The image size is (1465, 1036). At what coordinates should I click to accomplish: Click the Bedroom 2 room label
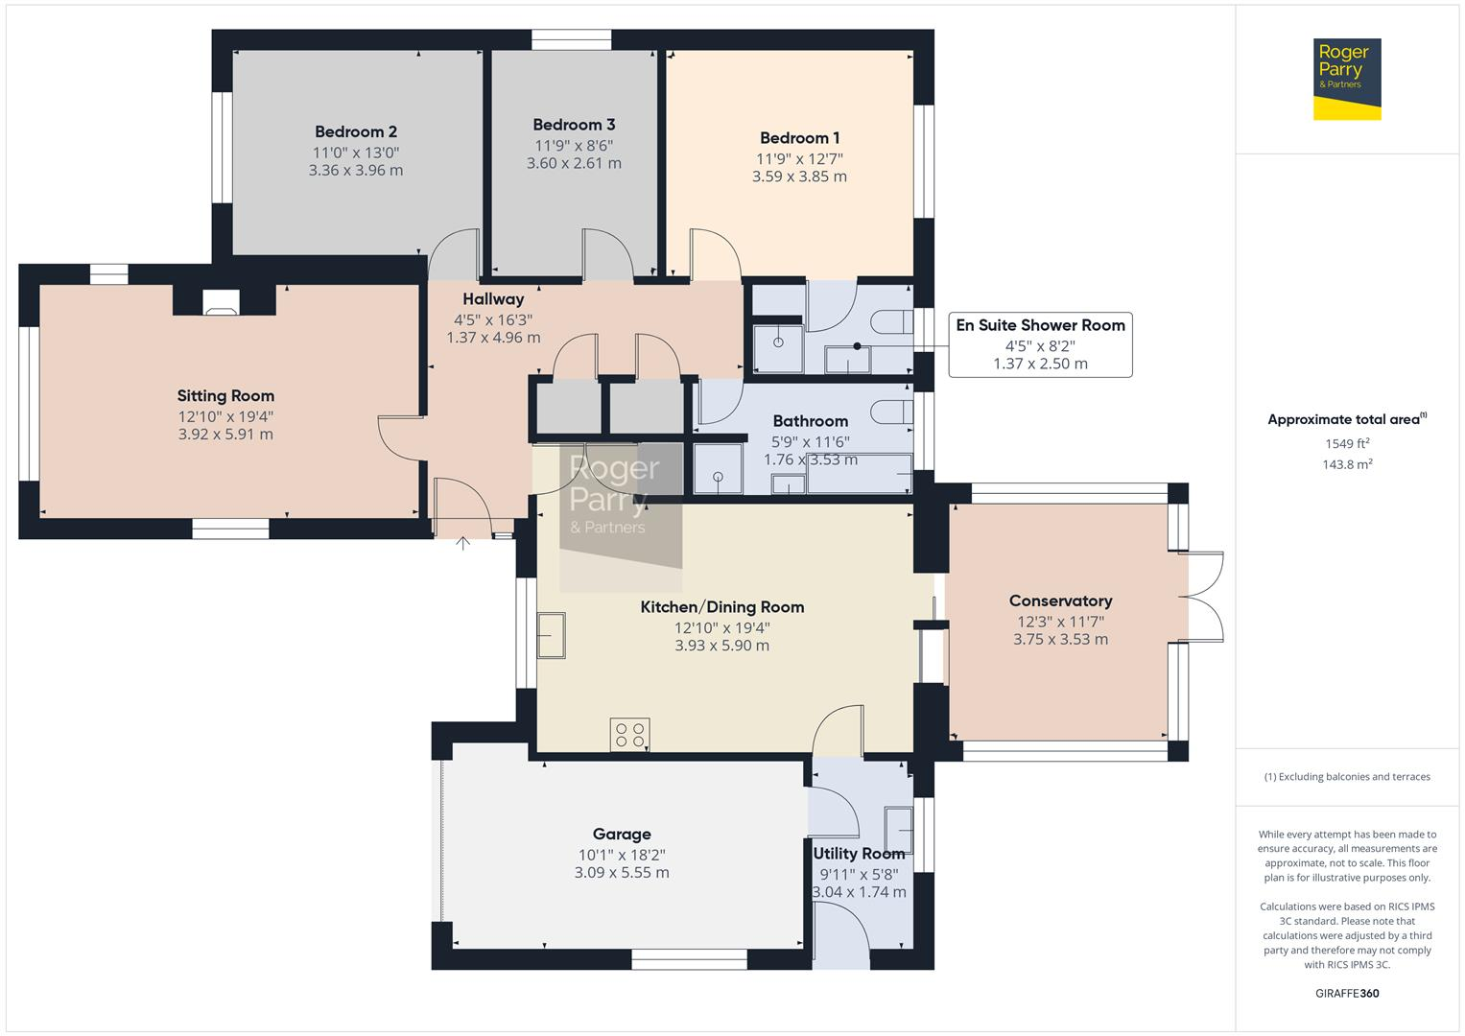(x=356, y=132)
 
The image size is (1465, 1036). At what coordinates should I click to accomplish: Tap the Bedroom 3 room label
(x=574, y=125)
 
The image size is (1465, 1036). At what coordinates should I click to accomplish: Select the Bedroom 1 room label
(x=799, y=138)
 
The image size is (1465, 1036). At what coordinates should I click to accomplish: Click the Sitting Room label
(x=225, y=396)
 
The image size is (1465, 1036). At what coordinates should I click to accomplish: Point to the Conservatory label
(x=1060, y=601)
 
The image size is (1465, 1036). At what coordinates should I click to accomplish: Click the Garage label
(x=622, y=835)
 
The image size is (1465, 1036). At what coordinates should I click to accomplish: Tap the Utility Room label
(x=859, y=854)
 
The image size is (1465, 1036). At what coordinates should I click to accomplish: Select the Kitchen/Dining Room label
(x=721, y=607)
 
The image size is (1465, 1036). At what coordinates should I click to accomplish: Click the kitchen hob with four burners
(x=629, y=735)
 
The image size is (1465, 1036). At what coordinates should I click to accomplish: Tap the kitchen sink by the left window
(x=551, y=635)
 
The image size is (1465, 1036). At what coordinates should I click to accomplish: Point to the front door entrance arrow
(x=462, y=544)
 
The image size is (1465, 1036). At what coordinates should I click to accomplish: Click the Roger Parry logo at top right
(x=1346, y=79)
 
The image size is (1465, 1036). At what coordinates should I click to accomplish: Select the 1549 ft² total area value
(x=1347, y=444)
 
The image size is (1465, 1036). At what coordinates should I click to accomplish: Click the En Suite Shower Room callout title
(x=1040, y=326)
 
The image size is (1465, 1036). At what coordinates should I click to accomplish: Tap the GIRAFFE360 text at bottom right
(x=1347, y=994)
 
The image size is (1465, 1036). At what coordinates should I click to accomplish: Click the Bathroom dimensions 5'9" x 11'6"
(x=811, y=442)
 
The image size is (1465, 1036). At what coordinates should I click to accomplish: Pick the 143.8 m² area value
(x=1347, y=465)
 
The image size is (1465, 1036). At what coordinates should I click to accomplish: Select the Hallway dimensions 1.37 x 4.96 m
(x=493, y=339)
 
